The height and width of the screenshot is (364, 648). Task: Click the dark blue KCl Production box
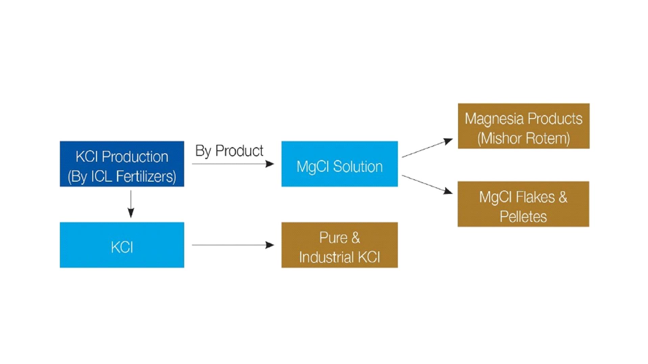tap(122, 164)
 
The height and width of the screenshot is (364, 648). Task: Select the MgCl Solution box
tap(339, 164)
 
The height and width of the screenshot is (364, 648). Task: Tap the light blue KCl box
tap(122, 245)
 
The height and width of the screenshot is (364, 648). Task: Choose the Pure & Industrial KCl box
tap(339, 245)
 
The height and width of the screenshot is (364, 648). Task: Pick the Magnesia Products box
tap(523, 126)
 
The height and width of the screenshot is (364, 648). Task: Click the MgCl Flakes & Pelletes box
tap(523, 204)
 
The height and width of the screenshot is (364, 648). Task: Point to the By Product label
tap(229, 151)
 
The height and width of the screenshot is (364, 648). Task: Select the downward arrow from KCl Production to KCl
tap(131, 204)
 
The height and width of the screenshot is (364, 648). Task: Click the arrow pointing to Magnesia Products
tap(427, 148)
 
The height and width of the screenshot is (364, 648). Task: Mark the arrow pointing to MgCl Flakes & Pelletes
tap(427, 184)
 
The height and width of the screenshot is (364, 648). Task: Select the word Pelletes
tap(523, 217)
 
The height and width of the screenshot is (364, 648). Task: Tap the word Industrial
tap(327, 257)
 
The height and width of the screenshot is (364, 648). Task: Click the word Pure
tap(333, 238)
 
